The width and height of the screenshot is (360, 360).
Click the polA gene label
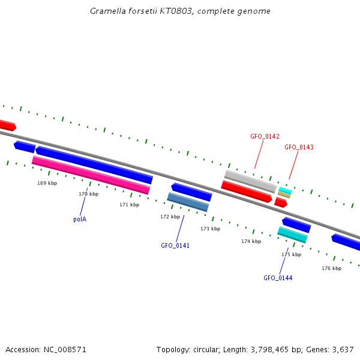[x=80, y=219]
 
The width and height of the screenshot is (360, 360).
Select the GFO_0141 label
[x=175, y=245]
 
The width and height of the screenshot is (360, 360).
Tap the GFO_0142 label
[x=265, y=137]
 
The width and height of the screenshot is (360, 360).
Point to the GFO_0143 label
[x=299, y=147]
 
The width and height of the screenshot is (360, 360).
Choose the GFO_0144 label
[x=278, y=278]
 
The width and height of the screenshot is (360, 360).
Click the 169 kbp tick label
[x=47, y=183]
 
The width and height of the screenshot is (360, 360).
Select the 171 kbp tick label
[x=129, y=205]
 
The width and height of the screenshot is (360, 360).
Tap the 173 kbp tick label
[x=210, y=229]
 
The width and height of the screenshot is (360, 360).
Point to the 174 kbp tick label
[x=251, y=241]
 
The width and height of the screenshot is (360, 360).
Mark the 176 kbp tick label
[x=331, y=268]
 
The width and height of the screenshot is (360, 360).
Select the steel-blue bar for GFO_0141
[x=188, y=202]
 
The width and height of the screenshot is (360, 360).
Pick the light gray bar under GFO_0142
[x=250, y=181]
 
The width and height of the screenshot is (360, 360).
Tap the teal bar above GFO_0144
[x=292, y=235]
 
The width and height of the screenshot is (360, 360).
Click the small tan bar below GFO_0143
[x=284, y=194]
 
